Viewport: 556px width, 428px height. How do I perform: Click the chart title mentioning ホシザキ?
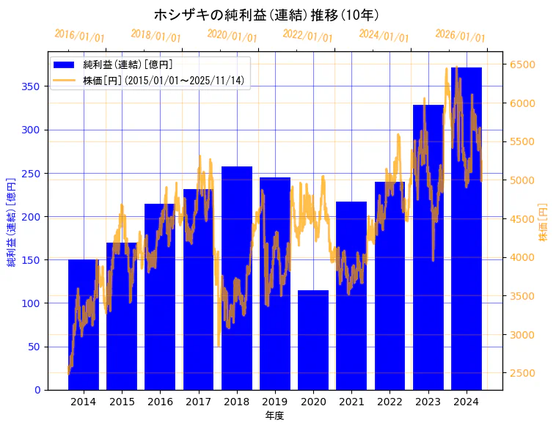266,15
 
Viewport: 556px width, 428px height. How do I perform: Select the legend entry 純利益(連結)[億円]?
128,65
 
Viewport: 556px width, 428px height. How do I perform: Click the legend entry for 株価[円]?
163,81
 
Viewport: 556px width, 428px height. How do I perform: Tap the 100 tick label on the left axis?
33,303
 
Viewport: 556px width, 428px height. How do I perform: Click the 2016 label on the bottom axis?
160,402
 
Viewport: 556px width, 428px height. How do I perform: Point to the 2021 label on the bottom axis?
351,402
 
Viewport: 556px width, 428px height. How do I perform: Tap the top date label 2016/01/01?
80,36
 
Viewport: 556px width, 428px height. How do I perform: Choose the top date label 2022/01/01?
308,36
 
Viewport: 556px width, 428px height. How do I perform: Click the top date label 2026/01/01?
461,36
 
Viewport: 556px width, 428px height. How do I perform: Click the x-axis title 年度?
275,416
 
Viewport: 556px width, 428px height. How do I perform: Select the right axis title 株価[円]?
544,223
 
